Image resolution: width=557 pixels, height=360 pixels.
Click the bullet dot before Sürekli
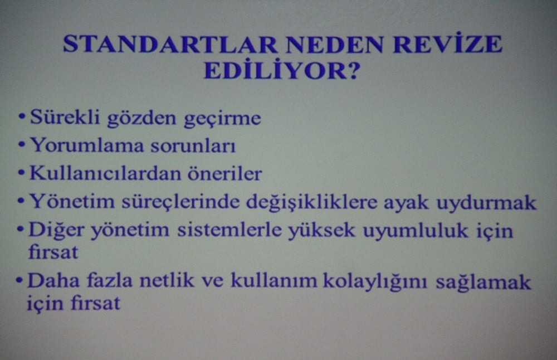click(21, 118)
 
